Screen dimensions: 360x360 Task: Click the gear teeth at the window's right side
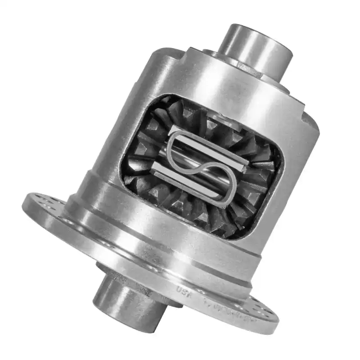click(265, 180)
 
